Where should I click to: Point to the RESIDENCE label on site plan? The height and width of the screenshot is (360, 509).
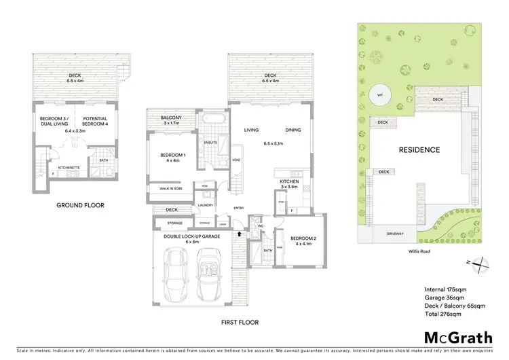[x=419, y=149]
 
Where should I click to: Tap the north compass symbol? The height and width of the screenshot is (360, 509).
[x=479, y=264]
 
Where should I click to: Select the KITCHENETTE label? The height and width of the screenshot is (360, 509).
[x=70, y=166]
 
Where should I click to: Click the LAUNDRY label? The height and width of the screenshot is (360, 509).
[x=206, y=205]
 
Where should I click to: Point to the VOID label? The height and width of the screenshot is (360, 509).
[x=235, y=160]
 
